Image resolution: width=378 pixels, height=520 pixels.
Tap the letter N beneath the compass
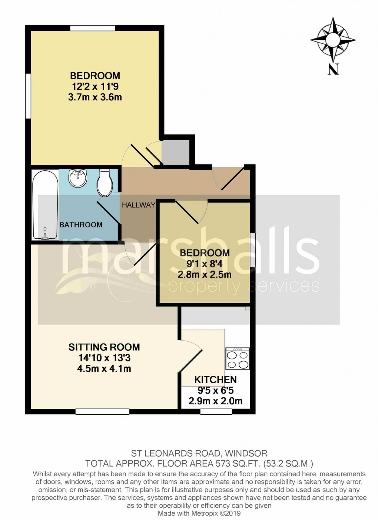click(333, 69)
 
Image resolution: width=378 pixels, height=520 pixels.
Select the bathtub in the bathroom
click(45, 205)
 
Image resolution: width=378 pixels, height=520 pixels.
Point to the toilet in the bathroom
click(105, 183)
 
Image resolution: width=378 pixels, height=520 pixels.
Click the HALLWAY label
click(138, 205)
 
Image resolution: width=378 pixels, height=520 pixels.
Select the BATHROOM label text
click(81, 225)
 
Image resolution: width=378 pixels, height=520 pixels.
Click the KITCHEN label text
click(215, 380)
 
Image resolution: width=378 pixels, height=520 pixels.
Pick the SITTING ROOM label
click(104, 347)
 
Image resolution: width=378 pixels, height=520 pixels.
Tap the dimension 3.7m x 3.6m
click(95, 97)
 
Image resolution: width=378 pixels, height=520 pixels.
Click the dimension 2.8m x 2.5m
click(205, 275)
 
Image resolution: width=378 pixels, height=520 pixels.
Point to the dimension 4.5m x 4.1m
click(104, 369)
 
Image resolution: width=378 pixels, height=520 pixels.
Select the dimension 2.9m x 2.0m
click(215, 401)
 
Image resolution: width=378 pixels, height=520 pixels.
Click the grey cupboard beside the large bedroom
click(176, 152)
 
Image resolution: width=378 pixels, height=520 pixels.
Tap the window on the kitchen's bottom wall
click(216, 411)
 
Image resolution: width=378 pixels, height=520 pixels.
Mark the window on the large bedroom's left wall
click(28, 96)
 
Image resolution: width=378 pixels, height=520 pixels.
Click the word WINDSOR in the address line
click(246, 453)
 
